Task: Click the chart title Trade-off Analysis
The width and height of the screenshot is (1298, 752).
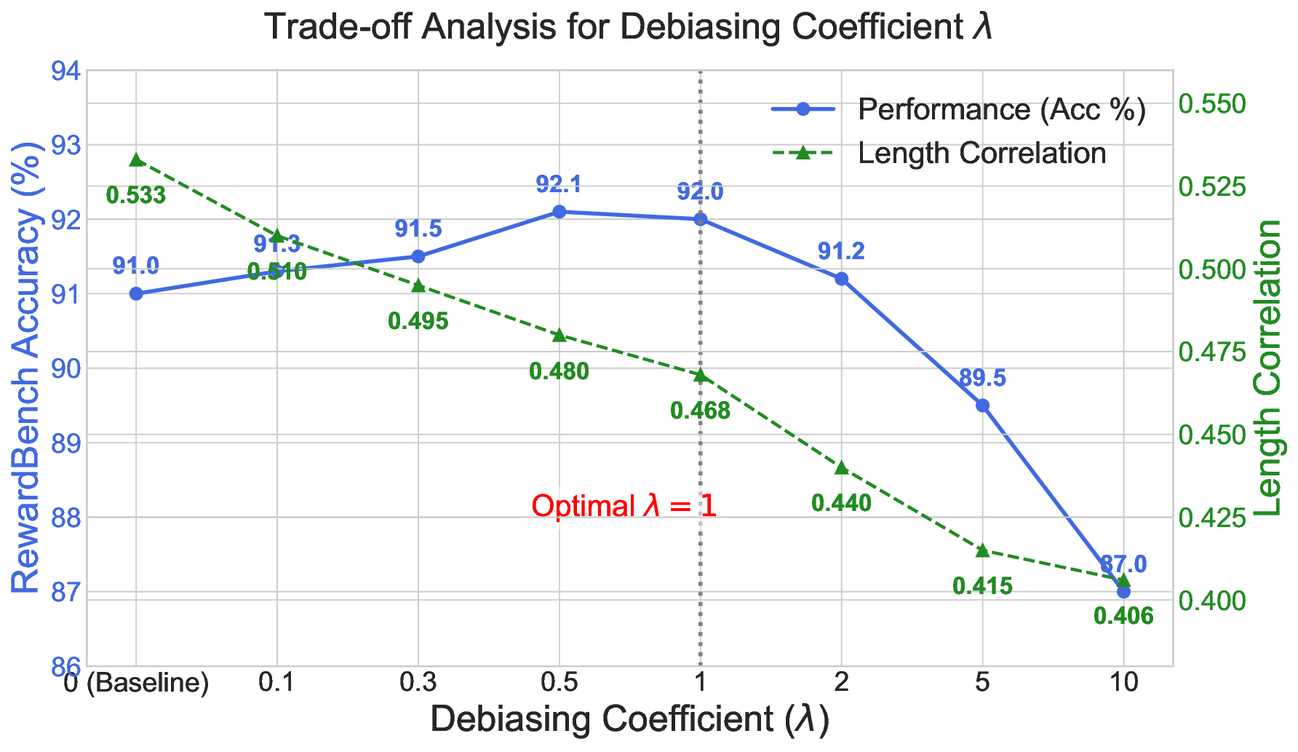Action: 629,28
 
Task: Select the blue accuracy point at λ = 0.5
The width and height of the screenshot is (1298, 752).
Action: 559,212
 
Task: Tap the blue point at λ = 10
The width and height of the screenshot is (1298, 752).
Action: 1123,592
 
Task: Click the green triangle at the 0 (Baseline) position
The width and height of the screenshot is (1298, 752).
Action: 136,160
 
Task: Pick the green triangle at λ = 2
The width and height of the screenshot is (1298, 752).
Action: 841,467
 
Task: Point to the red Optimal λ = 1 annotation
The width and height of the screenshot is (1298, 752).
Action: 624,506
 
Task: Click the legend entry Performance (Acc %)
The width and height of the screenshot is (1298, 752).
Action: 1001,109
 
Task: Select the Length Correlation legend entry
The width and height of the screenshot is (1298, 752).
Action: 982,153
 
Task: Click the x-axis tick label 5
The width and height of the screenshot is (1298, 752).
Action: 982,683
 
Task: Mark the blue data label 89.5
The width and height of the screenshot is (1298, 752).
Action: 982,379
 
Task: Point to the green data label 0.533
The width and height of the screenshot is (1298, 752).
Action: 136,195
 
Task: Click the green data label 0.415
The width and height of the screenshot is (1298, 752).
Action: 982,585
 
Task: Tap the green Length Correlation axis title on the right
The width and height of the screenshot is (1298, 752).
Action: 1269,368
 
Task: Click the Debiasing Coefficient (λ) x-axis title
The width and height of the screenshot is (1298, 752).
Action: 630,720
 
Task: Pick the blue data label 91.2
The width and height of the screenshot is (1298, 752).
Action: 841,252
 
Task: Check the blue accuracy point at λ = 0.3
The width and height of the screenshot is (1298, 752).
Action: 418,256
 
